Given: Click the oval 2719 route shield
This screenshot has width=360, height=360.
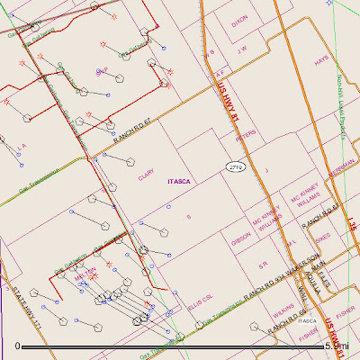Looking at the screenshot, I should coord(237,168).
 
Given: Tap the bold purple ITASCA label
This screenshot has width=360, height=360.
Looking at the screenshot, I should coord(181,181).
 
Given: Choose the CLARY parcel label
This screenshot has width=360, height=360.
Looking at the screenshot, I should coord(146,177).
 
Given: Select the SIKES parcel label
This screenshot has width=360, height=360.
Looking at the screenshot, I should coord(323,238).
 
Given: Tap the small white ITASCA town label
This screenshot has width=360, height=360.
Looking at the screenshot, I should coord(307,319).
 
